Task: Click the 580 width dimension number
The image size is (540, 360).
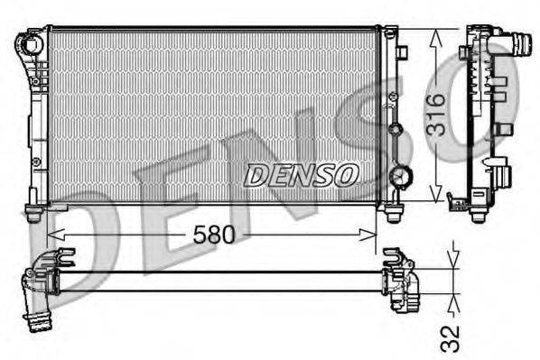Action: pyautogui.click(x=215, y=235)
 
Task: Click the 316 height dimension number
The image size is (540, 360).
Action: pyautogui.click(x=436, y=114)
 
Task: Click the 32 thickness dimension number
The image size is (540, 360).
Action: pyautogui.click(x=452, y=337)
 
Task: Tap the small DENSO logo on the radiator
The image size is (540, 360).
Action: pyautogui.click(x=301, y=174)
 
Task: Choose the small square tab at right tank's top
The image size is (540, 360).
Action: pyautogui.click(x=402, y=52)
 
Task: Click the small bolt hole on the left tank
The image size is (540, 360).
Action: pyautogui.click(x=37, y=162)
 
